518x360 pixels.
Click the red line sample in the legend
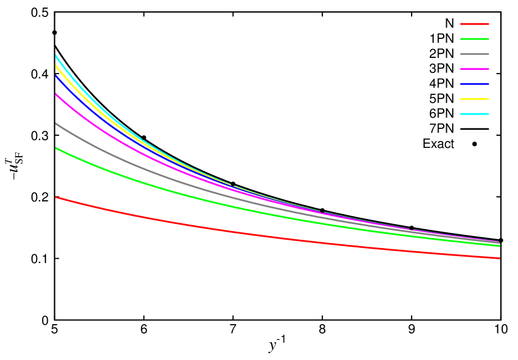475,24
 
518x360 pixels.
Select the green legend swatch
475,39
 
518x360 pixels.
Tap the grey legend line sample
475,54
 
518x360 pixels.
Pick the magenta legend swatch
475,69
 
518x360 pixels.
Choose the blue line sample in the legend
475,84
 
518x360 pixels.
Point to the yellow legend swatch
475,99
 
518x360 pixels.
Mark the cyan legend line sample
475,114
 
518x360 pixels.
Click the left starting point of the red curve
56,197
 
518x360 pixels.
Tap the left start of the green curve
56,148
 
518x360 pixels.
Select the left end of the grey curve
56,123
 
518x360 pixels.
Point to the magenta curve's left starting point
56,94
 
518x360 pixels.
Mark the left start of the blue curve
56,75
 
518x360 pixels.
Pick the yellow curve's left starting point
56,64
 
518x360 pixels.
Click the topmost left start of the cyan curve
56,55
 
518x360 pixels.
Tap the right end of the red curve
499,258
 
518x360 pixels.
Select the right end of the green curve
499,245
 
